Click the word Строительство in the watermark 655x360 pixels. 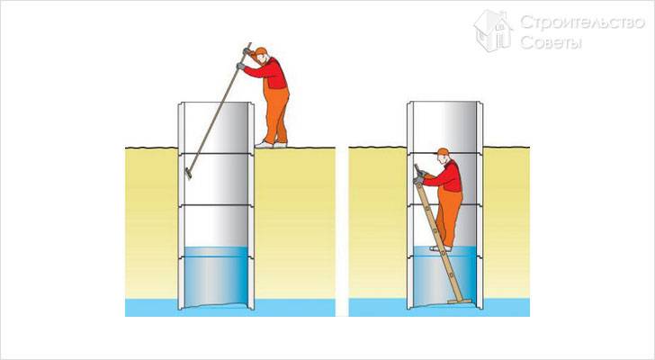click(x=582, y=23)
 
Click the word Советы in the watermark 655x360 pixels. click(x=551, y=42)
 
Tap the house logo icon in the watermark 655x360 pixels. click(x=493, y=31)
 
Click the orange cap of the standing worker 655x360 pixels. click(x=261, y=51)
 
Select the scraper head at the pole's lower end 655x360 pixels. click(x=188, y=173)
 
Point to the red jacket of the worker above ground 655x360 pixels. click(x=270, y=73)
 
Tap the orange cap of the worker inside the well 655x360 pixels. click(x=443, y=151)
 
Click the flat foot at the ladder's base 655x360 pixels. click(x=460, y=301)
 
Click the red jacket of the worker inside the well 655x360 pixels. click(x=447, y=177)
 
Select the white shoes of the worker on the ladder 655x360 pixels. click(x=441, y=248)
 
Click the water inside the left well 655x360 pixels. click(x=216, y=275)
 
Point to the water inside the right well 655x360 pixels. click(x=444, y=275)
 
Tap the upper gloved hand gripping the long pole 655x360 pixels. click(x=247, y=52)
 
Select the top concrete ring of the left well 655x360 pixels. click(x=216, y=128)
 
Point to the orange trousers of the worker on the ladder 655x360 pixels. click(x=449, y=215)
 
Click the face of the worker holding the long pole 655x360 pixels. click(x=262, y=59)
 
